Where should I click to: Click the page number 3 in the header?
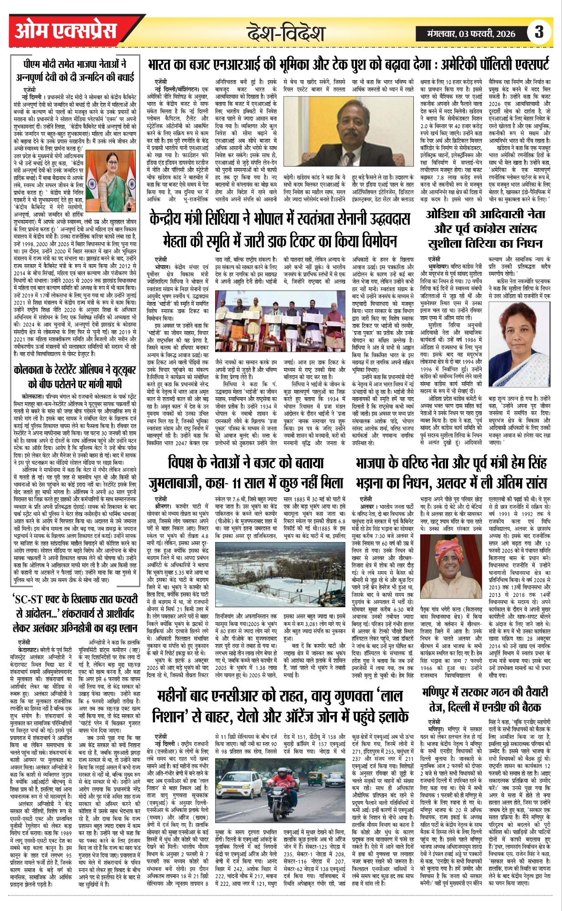point(539,32)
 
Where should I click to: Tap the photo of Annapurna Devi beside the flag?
point(112,173)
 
